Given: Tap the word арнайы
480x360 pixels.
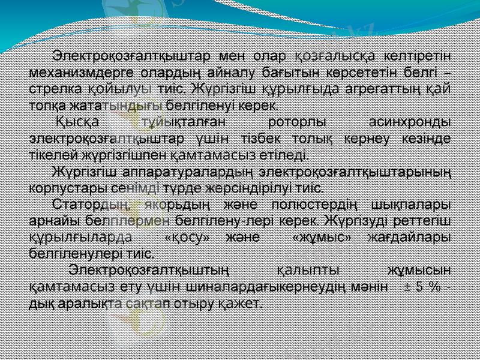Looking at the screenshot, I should [x=49, y=220].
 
